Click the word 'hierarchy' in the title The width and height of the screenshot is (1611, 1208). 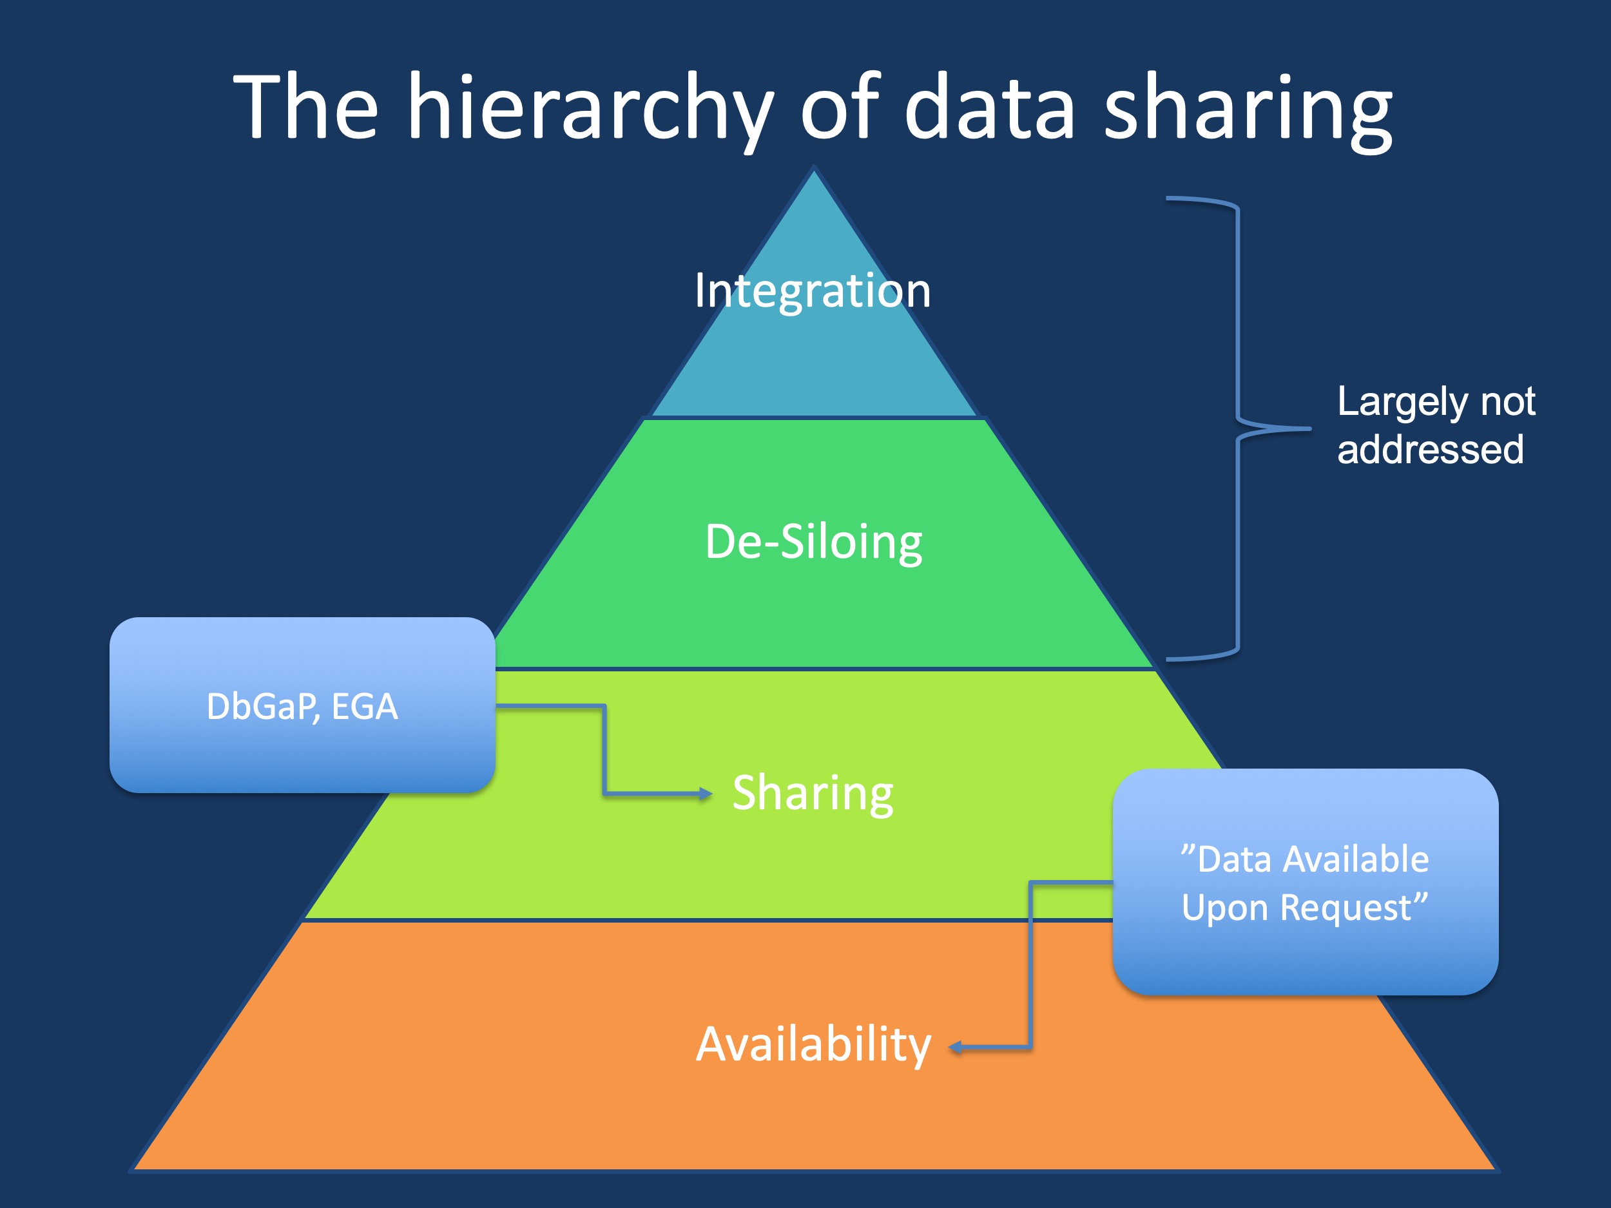590,110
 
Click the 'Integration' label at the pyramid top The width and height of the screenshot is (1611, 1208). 812,291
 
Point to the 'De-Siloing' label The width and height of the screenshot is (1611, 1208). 813,542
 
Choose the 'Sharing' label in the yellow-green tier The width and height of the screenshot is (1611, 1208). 813,793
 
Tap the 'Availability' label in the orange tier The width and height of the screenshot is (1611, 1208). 813,1044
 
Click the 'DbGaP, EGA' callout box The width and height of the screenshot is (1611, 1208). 302,705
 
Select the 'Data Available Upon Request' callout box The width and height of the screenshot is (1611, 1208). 1305,882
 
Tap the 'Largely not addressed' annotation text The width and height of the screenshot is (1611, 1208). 1434,425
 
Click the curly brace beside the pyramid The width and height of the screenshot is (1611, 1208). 1238,428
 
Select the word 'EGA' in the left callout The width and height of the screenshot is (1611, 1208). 365,706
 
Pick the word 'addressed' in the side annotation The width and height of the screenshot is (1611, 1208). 1431,449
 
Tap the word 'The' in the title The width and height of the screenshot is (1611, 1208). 306,110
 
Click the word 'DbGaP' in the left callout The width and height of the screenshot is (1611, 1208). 262,706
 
